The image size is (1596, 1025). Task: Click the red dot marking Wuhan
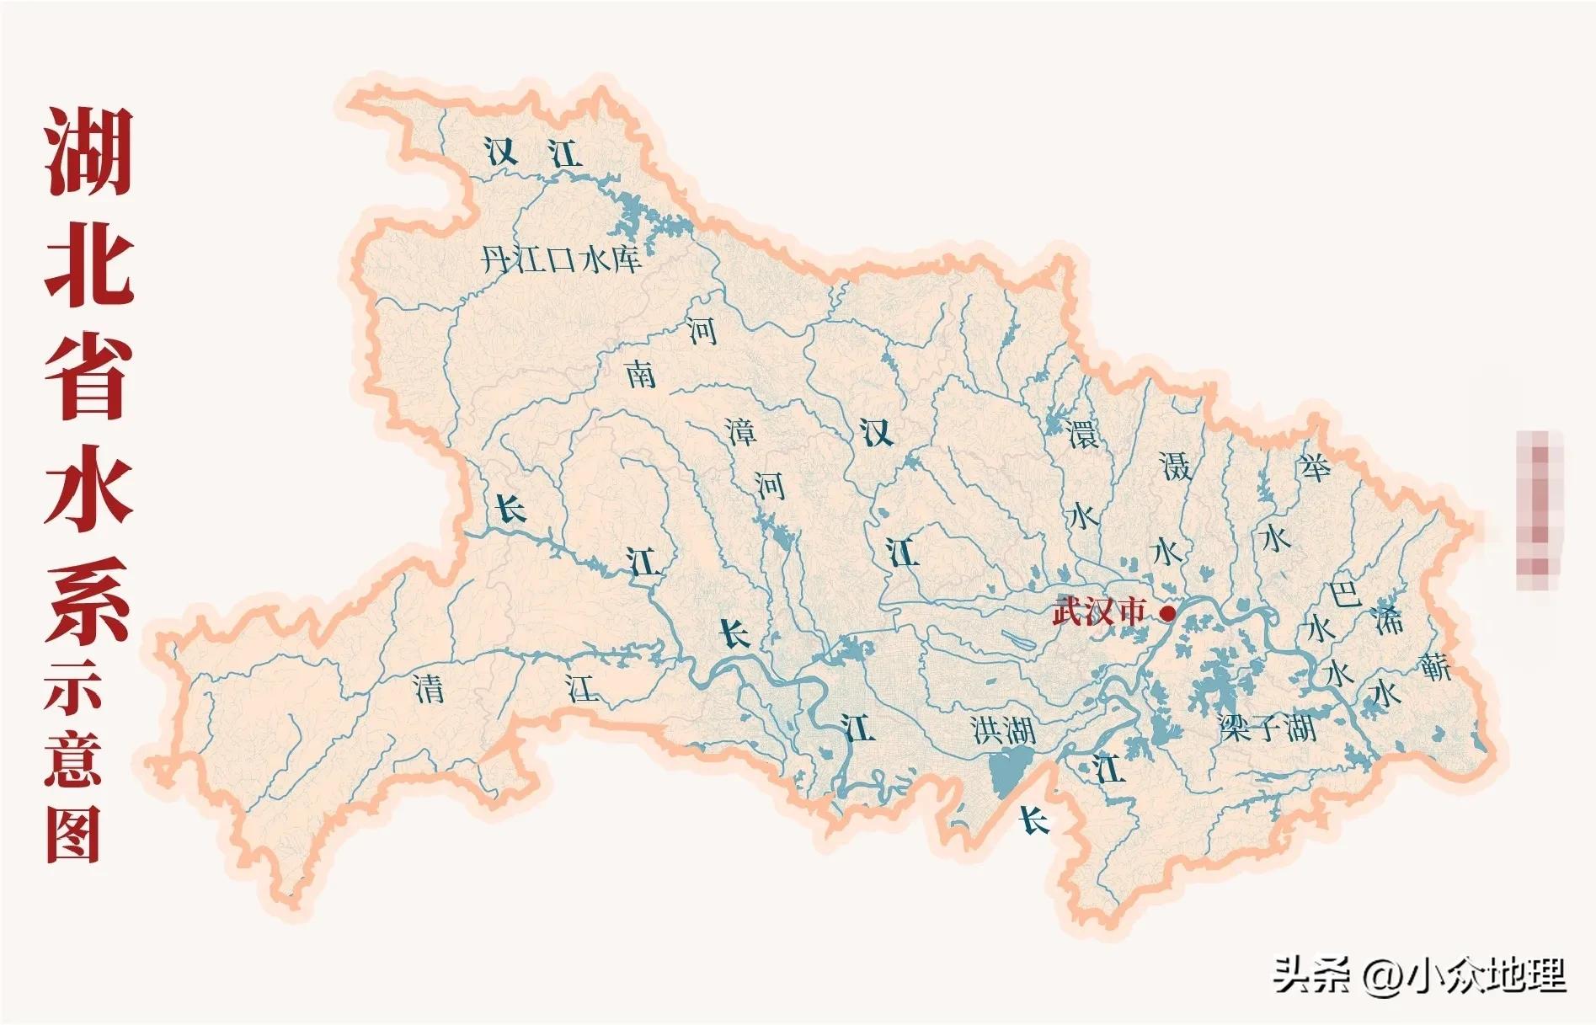pyautogui.click(x=1167, y=613)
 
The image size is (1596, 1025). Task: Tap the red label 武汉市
pyautogui.click(x=1099, y=611)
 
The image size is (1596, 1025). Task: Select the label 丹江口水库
pyautogui.click(x=561, y=259)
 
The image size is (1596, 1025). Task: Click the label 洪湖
pyautogui.click(x=1003, y=729)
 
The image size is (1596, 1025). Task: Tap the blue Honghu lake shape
pyautogui.click(x=1009, y=773)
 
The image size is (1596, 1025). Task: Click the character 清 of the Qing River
pyautogui.click(x=429, y=690)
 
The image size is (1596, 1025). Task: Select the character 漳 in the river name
pyautogui.click(x=742, y=432)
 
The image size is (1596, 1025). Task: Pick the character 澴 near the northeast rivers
pyautogui.click(x=1082, y=435)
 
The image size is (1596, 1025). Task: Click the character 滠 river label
pyautogui.click(x=1175, y=466)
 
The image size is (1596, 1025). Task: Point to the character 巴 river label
pyautogui.click(x=1344, y=593)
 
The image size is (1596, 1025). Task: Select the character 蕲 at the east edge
pyautogui.click(x=1434, y=667)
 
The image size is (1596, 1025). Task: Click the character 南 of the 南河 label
pyautogui.click(x=641, y=374)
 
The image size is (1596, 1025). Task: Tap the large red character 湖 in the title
pyautogui.click(x=88, y=152)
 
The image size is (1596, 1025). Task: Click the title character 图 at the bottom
pyautogui.click(x=73, y=834)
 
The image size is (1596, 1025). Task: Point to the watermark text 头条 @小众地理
pyautogui.click(x=1418, y=975)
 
